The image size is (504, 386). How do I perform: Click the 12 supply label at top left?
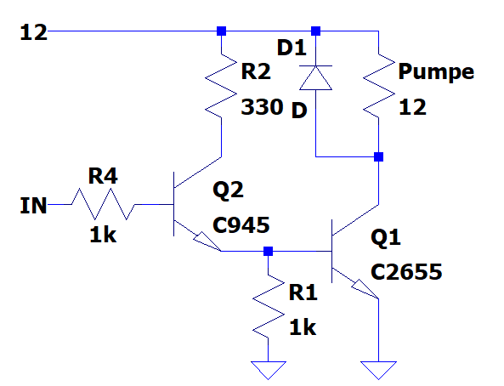(33, 32)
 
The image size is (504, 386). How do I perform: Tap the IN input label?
(33, 206)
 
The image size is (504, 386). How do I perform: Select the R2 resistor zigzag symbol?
(221, 86)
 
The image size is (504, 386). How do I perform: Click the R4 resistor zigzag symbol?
(103, 204)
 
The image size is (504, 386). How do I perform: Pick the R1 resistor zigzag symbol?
(268, 306)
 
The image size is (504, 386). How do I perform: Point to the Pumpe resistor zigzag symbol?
(379, 86)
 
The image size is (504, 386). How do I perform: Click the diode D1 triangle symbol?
(315, 77)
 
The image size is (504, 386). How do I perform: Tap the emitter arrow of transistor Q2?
(207, 241)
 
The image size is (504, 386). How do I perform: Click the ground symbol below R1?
(268, 369)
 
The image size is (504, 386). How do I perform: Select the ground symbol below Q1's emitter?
(379, 369)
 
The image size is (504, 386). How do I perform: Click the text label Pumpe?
(436, 71)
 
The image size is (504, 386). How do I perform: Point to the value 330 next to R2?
(262, 107)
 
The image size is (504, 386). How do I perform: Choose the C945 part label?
(241, 225)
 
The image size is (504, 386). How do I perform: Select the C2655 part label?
(406, 272)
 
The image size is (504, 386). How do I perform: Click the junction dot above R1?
(268, 251)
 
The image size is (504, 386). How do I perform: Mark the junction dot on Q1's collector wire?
(379, 157)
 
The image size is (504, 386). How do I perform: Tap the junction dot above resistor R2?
(221, 31)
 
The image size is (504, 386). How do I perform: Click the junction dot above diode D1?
(315, 31)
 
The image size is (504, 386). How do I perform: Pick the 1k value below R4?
(103, 235)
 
